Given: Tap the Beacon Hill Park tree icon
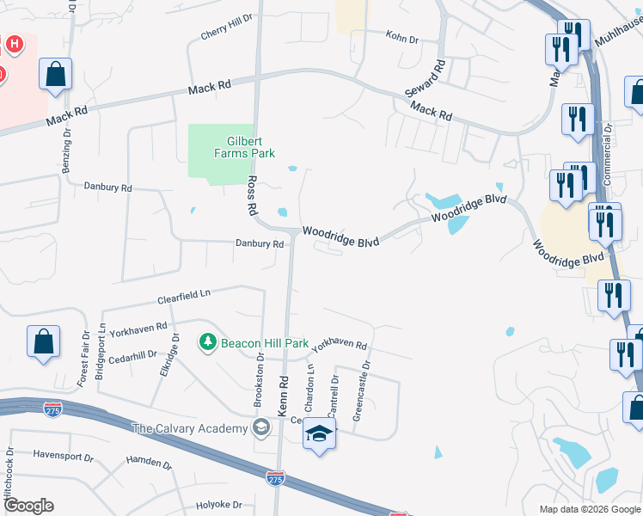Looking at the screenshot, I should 207,343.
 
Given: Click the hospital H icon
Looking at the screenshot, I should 15,43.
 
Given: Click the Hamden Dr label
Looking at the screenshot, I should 149,462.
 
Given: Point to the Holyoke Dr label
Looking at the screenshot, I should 218,505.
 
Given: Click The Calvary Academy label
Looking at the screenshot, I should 189,428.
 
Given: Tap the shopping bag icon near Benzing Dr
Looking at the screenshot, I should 55,74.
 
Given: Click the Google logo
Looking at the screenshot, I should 28,505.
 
